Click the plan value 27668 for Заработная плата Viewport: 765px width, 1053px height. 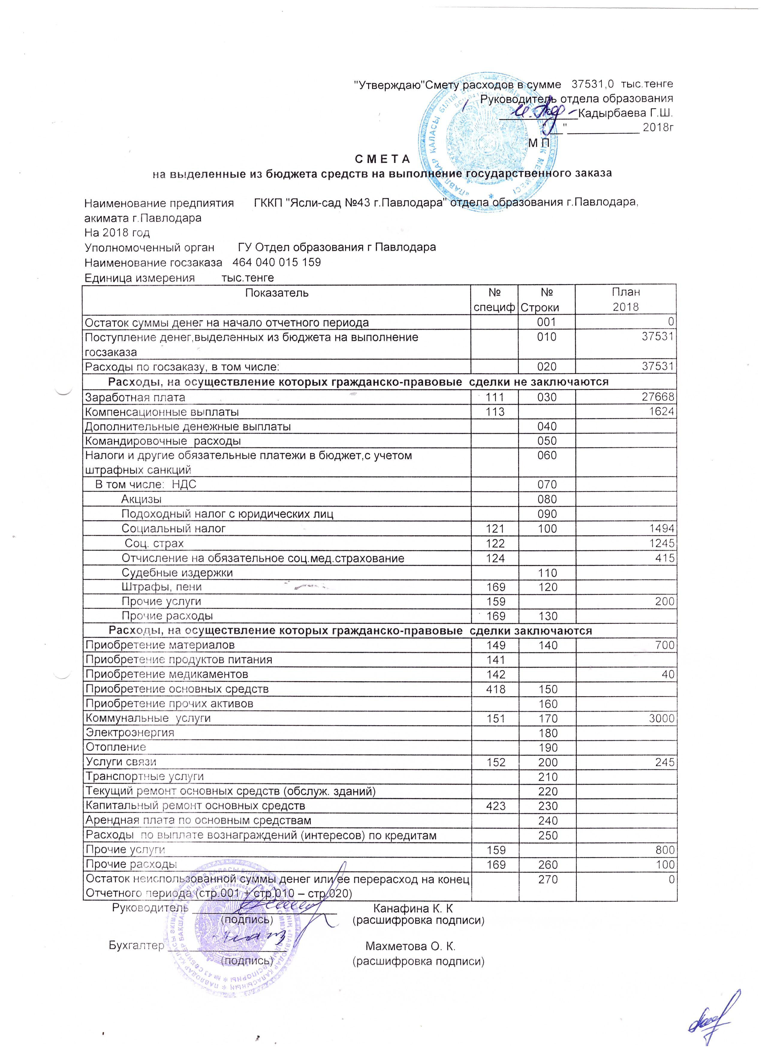pyautogui.click(x=658, y=397)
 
